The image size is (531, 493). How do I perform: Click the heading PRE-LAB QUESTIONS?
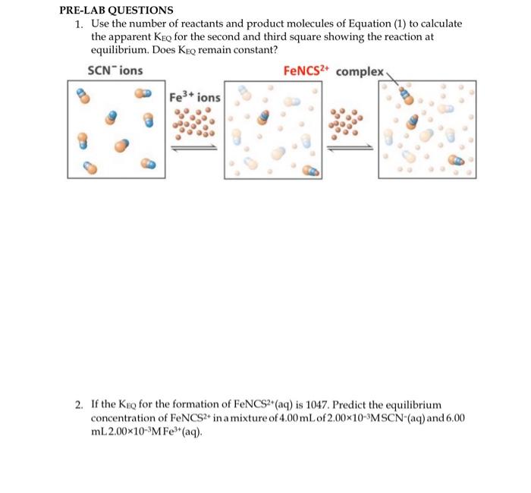[117, 11]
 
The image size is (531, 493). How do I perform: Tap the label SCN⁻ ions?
[115, 71]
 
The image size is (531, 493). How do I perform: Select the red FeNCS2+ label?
[306, 71]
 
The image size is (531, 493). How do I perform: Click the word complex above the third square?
[361, 71]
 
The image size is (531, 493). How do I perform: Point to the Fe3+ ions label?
[195, 98]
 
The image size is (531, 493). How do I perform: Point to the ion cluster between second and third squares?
[349, 124]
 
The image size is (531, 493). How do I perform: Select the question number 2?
[80, 405]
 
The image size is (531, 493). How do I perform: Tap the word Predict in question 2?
[347, 405]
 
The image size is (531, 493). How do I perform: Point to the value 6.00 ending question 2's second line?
[453, 418]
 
